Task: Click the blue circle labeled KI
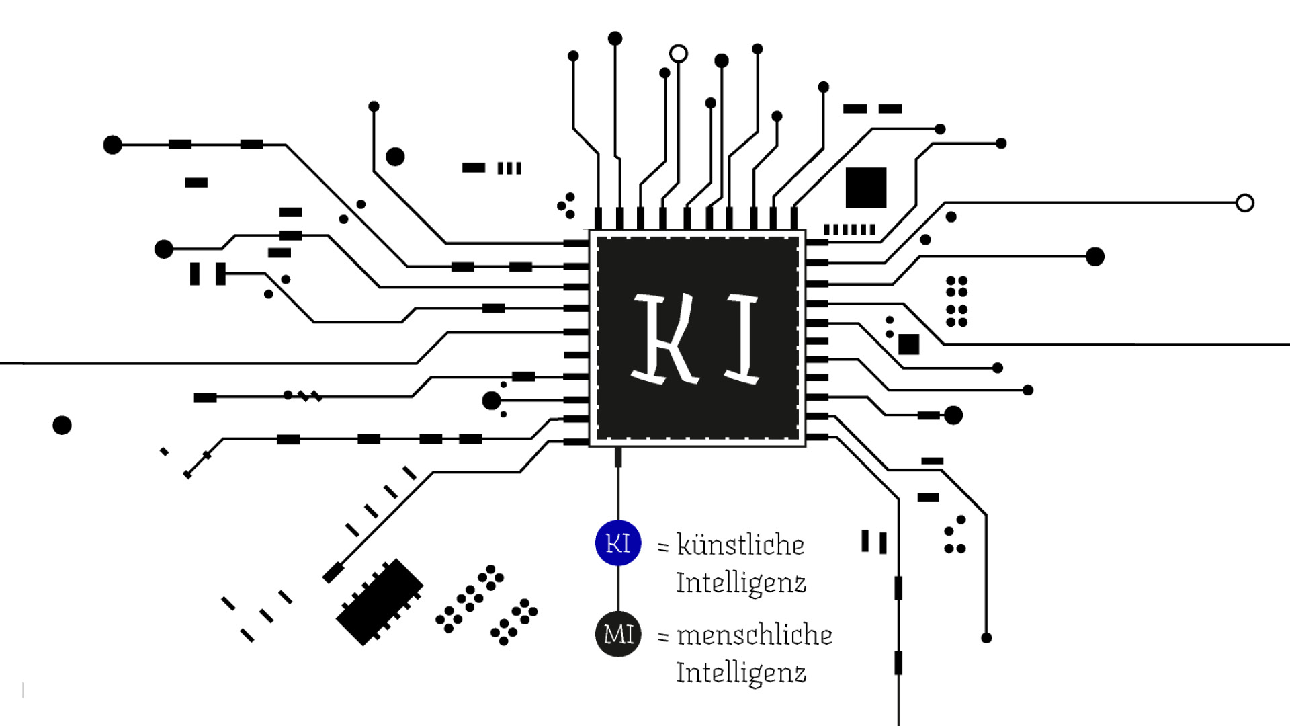[x=618, y=542]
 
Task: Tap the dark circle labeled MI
[x=618, y=634]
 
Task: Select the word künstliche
[x=740, y=544]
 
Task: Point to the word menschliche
[x=755, y=635]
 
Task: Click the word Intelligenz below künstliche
[x=741, y=583]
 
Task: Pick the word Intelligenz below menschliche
[x=741, y=672]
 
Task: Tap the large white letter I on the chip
[x=743, y=339]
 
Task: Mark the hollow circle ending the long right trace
[x=1244, y=203]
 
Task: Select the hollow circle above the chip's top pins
[x=679, y=54]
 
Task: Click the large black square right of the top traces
[x=866, y=188]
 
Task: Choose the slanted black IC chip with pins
[x=380, y=602]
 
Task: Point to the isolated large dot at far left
[x=62, y=425]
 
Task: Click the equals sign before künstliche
[x=663, y=547]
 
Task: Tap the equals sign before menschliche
[x=663, y=636]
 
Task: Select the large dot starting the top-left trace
[x=112, y=145]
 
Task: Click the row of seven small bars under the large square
[x=850, y=229]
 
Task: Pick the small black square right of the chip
[x=908, y=344]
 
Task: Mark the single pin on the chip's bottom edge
[x=618, y=457]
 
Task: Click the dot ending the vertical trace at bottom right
[x=986, y=637]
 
